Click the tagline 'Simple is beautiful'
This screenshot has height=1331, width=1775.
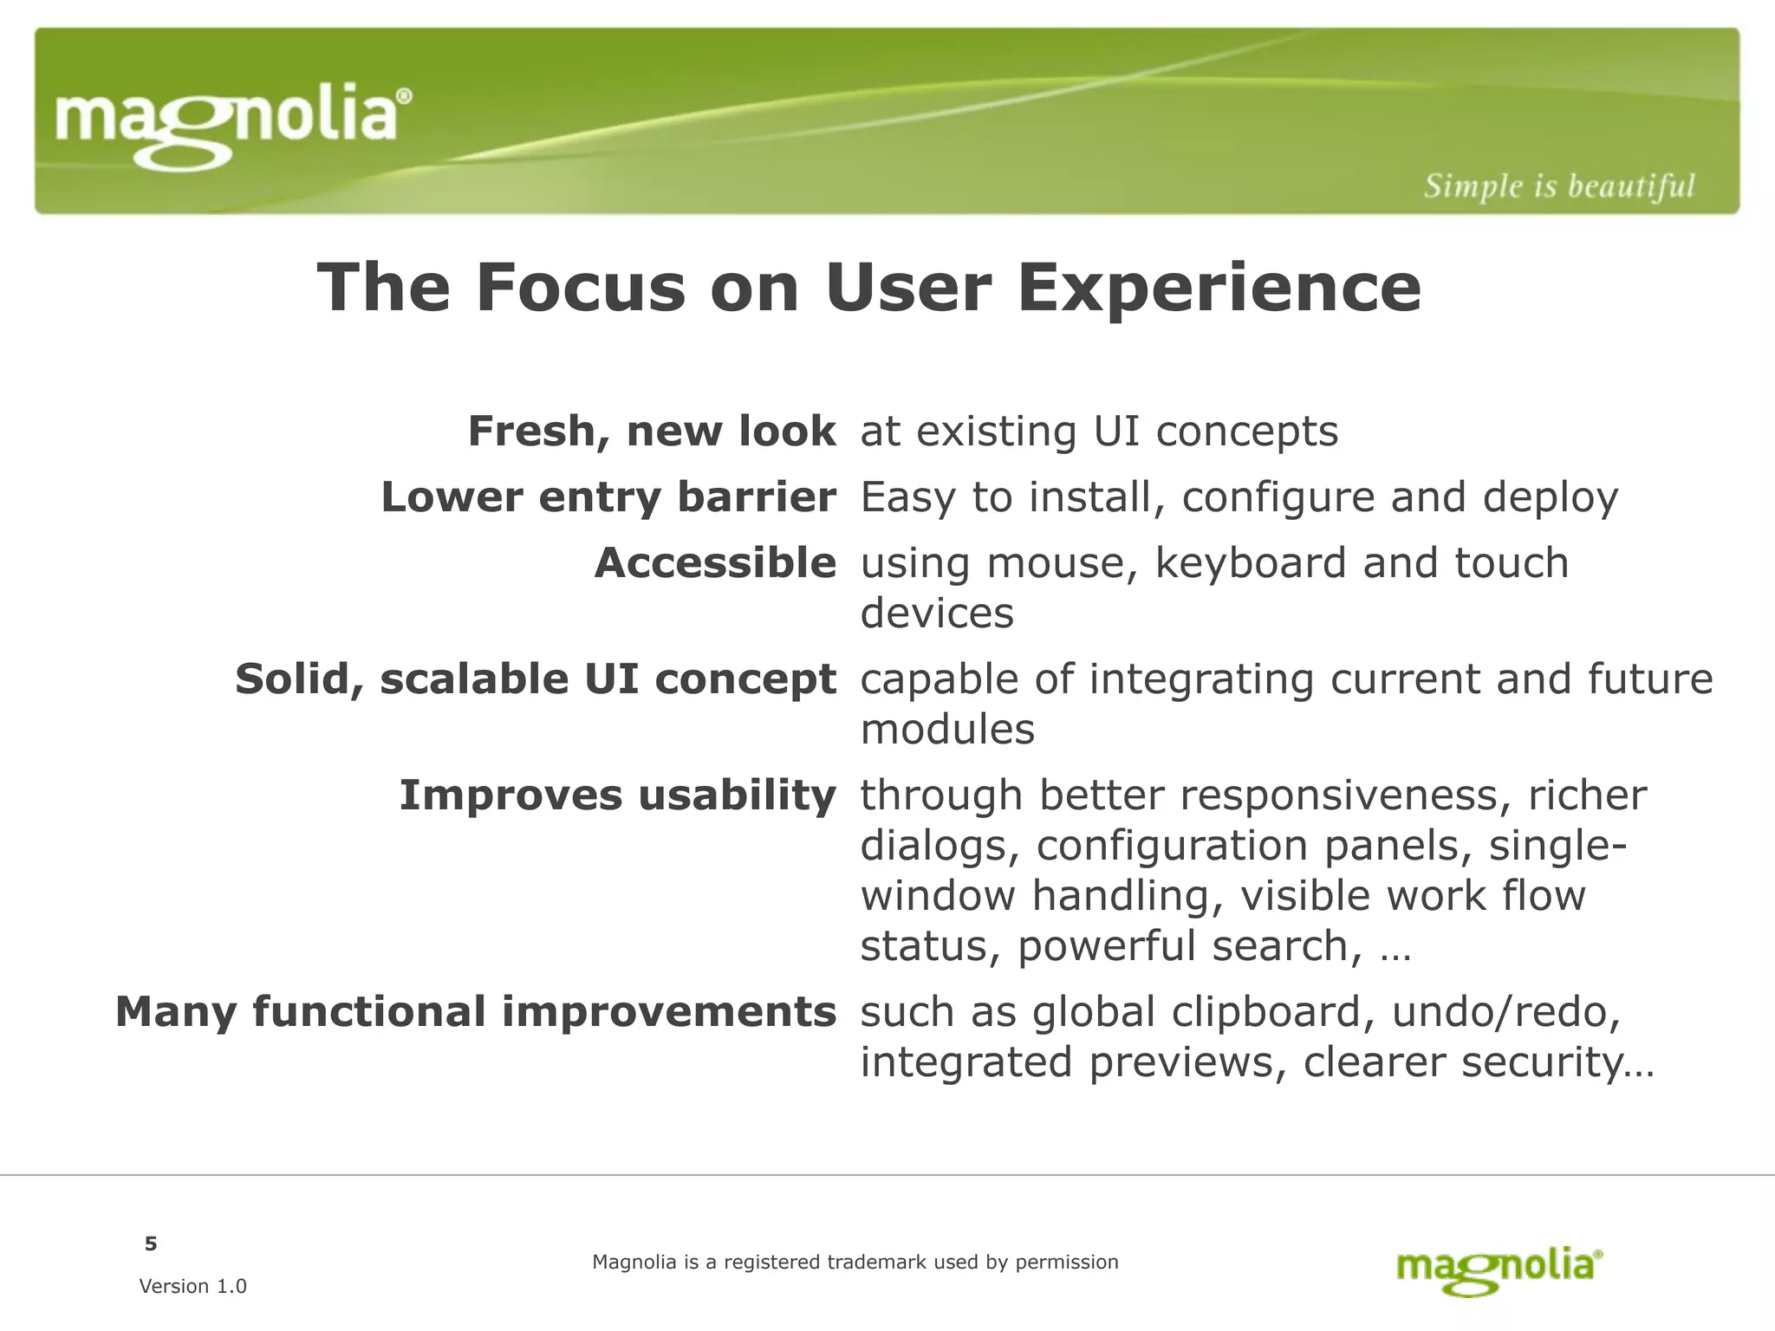tap(1558, 185)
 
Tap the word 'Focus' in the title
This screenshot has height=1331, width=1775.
tap(580, 288)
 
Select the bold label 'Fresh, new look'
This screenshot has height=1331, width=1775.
tap(652, 431)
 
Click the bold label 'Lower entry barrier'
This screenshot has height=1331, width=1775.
tap(608, 497)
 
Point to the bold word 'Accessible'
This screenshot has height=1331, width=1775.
tap(715, 562)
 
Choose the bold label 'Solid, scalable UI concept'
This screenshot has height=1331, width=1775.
tap(536, 678)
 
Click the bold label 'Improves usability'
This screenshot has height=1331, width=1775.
tap(617, 795)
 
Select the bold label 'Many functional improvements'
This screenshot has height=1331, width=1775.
tap(476, 1011)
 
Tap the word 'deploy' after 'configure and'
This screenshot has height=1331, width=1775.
tap(1550, 497)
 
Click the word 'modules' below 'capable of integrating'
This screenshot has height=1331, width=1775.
tap(947, 730)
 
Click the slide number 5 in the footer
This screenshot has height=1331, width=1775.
tap(151, 1244)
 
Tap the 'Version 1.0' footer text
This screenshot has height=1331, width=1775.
tap(192, 1286)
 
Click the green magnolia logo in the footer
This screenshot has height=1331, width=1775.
tap(1499, 1270)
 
